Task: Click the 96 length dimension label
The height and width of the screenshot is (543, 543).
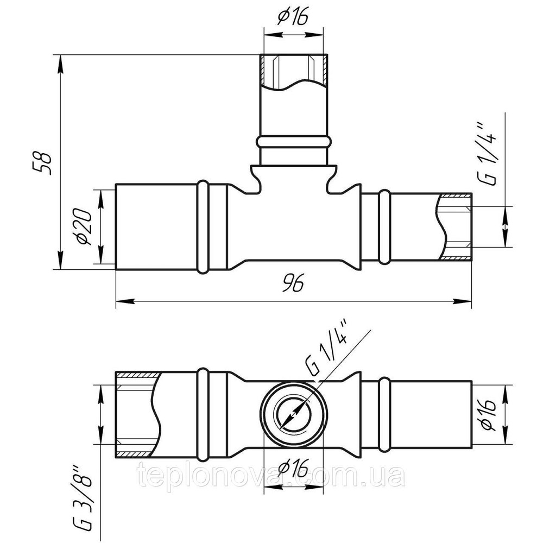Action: pyautogui.click(x=293, y=284)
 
